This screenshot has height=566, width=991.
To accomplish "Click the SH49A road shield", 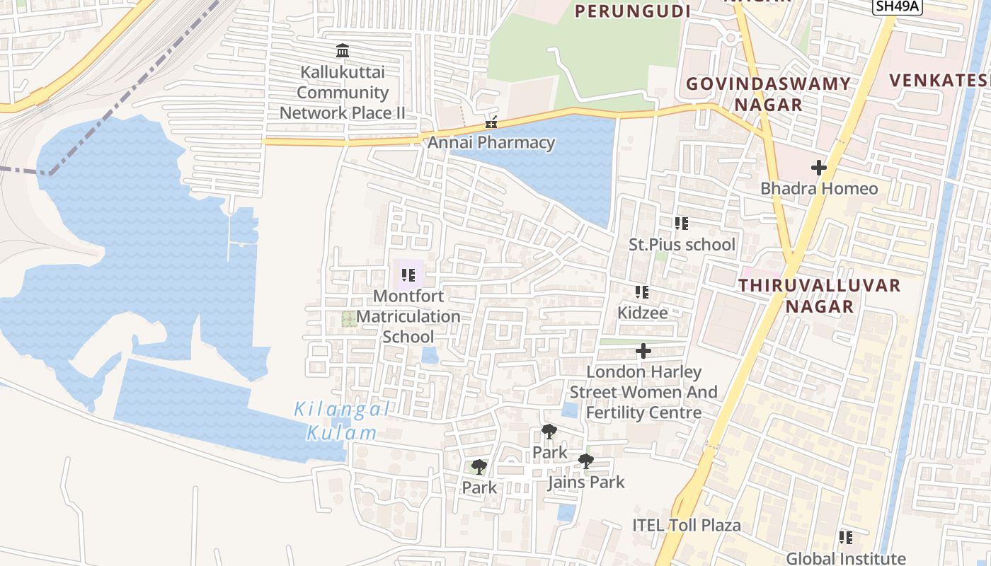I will click(897, 7).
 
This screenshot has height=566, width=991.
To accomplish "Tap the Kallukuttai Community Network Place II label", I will click(343, 93).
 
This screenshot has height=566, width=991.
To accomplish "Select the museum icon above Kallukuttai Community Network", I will click(343, 50).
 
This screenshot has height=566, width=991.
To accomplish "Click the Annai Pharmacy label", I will click(491, 142).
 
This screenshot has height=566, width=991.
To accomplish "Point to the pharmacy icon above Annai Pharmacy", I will click(491, 123).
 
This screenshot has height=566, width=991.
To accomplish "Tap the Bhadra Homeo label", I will click(819, 188).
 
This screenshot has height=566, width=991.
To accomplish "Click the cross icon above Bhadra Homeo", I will click(819, 168).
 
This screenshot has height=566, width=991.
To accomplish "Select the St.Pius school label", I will click(682, 245).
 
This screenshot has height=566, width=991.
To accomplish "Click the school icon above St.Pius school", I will click(682, 224).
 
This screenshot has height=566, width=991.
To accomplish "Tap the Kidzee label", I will click(642, 312).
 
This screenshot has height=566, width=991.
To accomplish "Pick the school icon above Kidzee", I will click(642, 292).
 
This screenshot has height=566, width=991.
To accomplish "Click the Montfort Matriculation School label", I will click(408, 316).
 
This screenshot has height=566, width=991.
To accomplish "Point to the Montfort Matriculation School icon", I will click(408, 275).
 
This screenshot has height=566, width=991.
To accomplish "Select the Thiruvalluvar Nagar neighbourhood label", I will click(820, 296).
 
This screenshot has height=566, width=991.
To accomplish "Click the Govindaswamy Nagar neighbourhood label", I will click(768, 94).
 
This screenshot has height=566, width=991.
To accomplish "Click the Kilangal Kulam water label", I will click(342, 420).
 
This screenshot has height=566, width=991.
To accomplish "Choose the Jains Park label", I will click(586, 483).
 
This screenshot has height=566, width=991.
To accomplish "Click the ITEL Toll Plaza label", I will click(686, 525).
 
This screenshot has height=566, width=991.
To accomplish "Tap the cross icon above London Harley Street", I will click(643, 351).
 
